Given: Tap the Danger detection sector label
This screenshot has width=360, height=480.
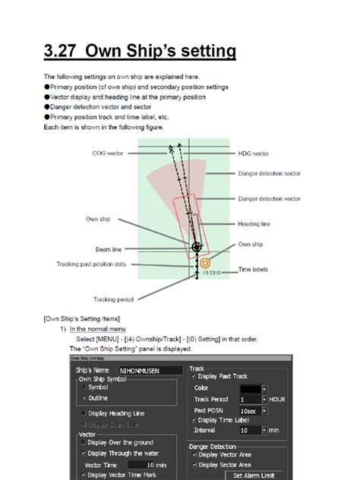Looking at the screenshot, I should (x=270, y=174).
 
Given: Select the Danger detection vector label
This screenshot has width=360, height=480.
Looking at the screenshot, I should (x=270, y=198).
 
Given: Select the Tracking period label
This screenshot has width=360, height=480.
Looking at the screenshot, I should (x=113, y=298).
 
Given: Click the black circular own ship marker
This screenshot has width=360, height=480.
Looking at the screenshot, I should (x=197, y=247).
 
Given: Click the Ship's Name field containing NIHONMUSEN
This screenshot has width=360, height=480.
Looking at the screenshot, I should (x=150, y=371).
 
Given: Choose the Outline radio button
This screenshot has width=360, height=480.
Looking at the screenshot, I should (x=84, y=397).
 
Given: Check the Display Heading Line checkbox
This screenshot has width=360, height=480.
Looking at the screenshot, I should (x=84, y=413).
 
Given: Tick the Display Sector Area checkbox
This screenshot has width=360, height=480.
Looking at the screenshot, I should (x=194, y=465).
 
